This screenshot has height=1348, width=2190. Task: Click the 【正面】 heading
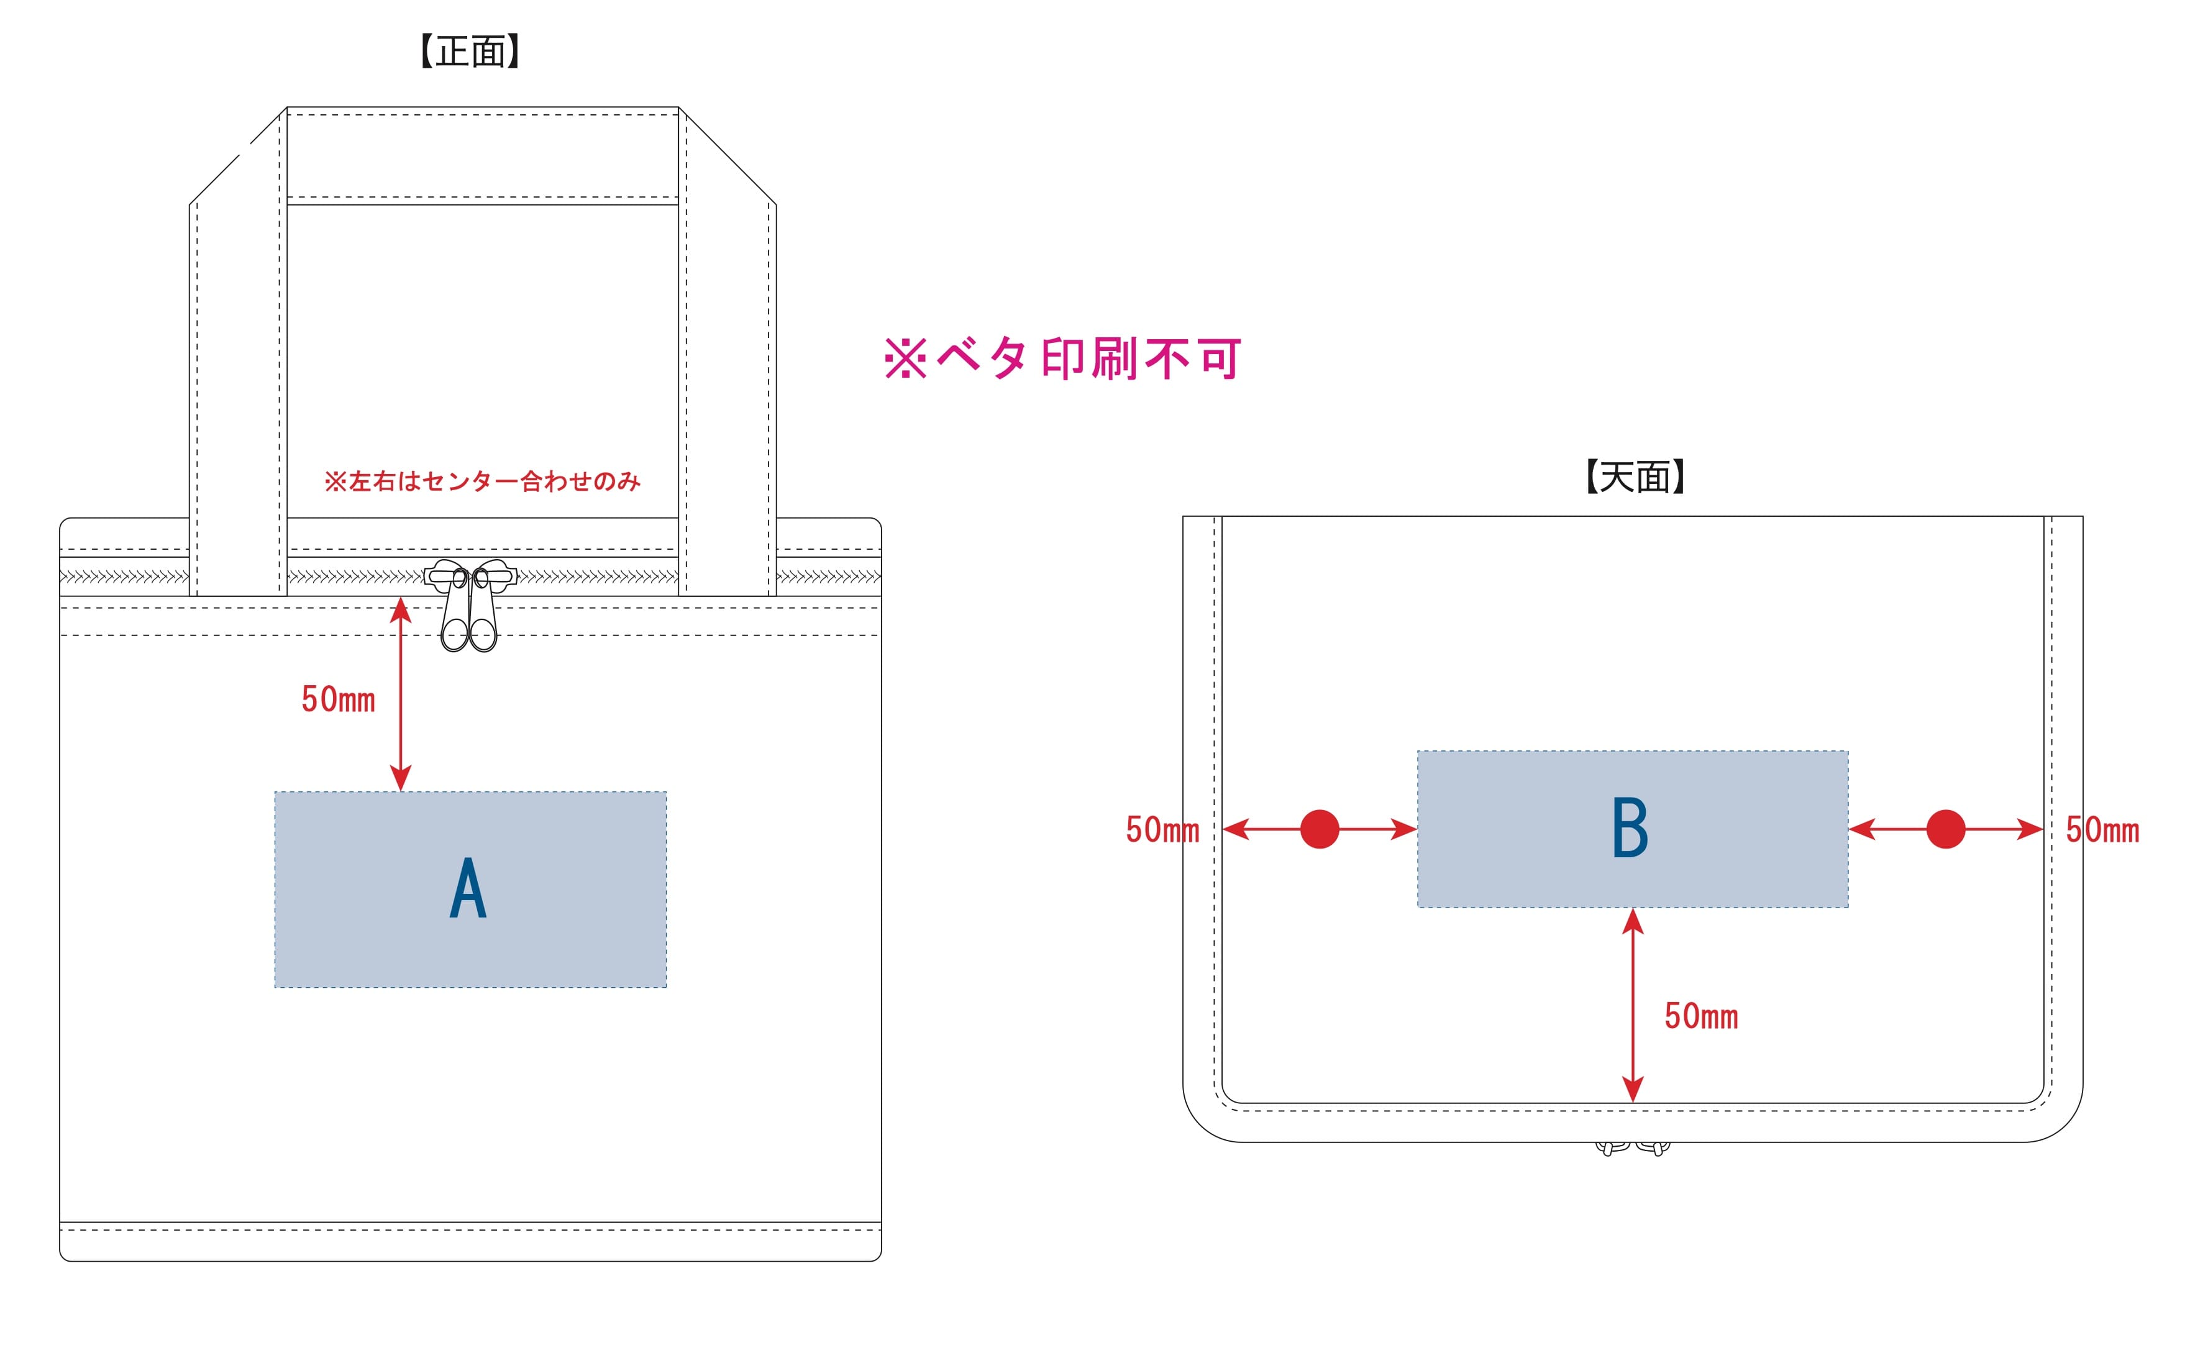pos(470,52)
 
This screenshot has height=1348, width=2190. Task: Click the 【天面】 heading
pos(1635,477)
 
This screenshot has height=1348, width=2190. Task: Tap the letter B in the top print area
pos(1630,828)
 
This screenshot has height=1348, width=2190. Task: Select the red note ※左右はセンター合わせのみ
pos(482,481)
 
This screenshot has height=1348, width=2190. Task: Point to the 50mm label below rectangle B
pos(1700,1016)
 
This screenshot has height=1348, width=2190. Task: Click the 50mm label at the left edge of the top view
pos(1162,830)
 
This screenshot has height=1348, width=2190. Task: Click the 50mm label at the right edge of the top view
pos(2102,830)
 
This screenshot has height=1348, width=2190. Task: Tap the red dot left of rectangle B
pos(1320,829)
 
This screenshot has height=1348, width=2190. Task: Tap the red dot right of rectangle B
pos(1946,829)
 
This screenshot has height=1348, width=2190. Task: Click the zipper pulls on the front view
pos(470,606)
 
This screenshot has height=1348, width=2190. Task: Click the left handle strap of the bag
pos(238,375)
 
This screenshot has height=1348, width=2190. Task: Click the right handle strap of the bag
pos(728,375)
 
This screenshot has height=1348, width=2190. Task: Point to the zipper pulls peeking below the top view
pos(1632,1149)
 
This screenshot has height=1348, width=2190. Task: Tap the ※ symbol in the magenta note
pos(905,358)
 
